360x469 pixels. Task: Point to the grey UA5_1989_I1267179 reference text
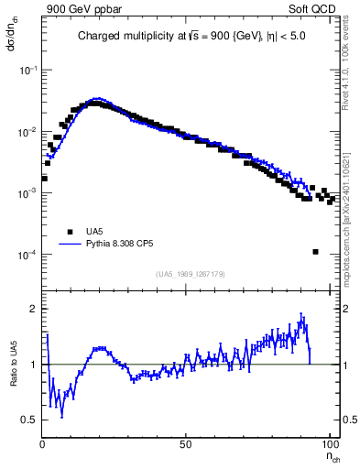pos(189,273)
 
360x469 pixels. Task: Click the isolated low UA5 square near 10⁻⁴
pos(315,252)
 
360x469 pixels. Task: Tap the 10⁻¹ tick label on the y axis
pos(28,71)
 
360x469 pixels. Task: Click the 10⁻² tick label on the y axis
pos(28,132)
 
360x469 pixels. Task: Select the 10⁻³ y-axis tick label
pos(28,193)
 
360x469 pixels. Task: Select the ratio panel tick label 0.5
pos(30,420)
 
